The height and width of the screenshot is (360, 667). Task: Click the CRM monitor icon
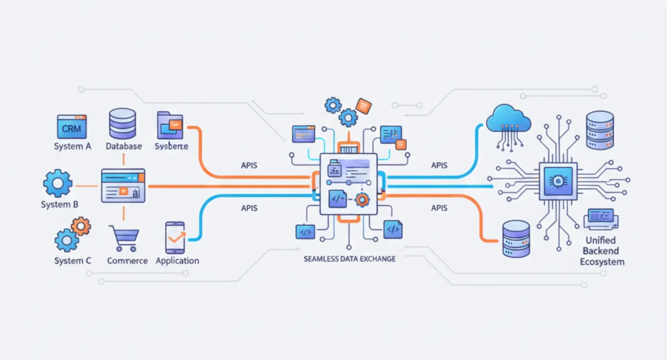(72, 127)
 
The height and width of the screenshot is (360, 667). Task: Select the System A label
(73, 147)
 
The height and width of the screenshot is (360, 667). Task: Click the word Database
(124, 147)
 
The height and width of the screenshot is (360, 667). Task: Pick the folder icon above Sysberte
(170, 125)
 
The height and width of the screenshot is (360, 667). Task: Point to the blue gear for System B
(58, 184)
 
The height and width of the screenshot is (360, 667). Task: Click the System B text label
(60, 205)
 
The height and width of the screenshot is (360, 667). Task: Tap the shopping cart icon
(124, 238)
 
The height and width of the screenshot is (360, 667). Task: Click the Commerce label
(127, 261)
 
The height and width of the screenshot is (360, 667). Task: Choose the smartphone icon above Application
(174, 237)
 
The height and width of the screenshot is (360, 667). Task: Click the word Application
(177, 261)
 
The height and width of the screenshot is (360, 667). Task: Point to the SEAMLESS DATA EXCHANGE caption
(349, 259)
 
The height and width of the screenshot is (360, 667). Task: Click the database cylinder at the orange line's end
(516, 239)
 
